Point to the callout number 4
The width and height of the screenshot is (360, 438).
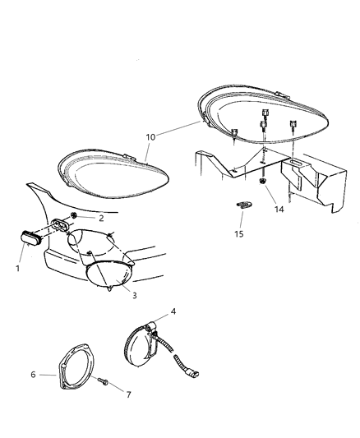point(173,311)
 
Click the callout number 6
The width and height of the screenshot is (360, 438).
point(34,375)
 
